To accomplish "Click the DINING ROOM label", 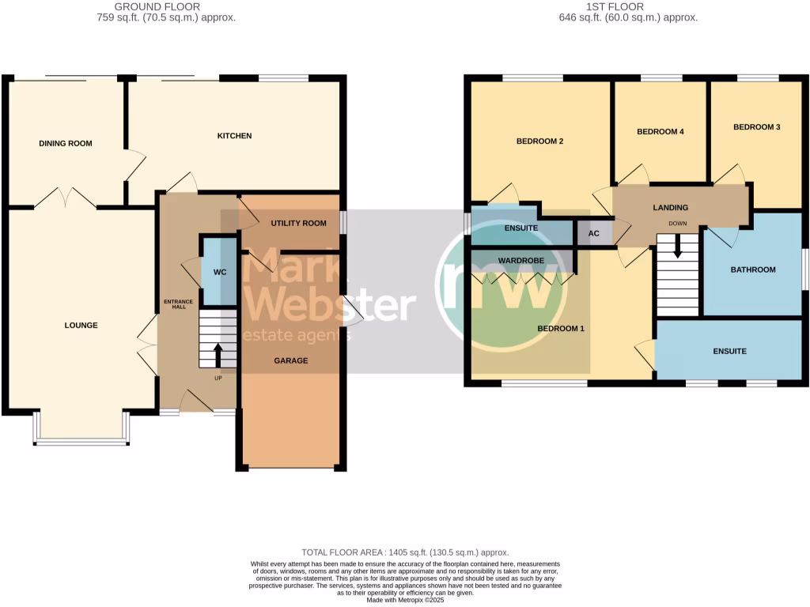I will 66,144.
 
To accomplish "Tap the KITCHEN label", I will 234,136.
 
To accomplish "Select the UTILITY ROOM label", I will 298,224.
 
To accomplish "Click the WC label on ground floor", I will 221,273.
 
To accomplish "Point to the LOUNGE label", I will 81,326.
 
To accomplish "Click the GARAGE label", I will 291,361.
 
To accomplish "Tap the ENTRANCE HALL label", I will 174,303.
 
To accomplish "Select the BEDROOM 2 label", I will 539,141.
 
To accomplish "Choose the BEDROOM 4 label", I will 660,132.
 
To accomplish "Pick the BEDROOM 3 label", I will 756,127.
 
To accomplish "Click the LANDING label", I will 670,208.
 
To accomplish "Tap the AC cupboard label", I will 594,234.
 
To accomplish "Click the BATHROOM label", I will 753,270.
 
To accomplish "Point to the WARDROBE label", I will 520,260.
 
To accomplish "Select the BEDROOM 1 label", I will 561,329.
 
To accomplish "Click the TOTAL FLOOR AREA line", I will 405,552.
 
